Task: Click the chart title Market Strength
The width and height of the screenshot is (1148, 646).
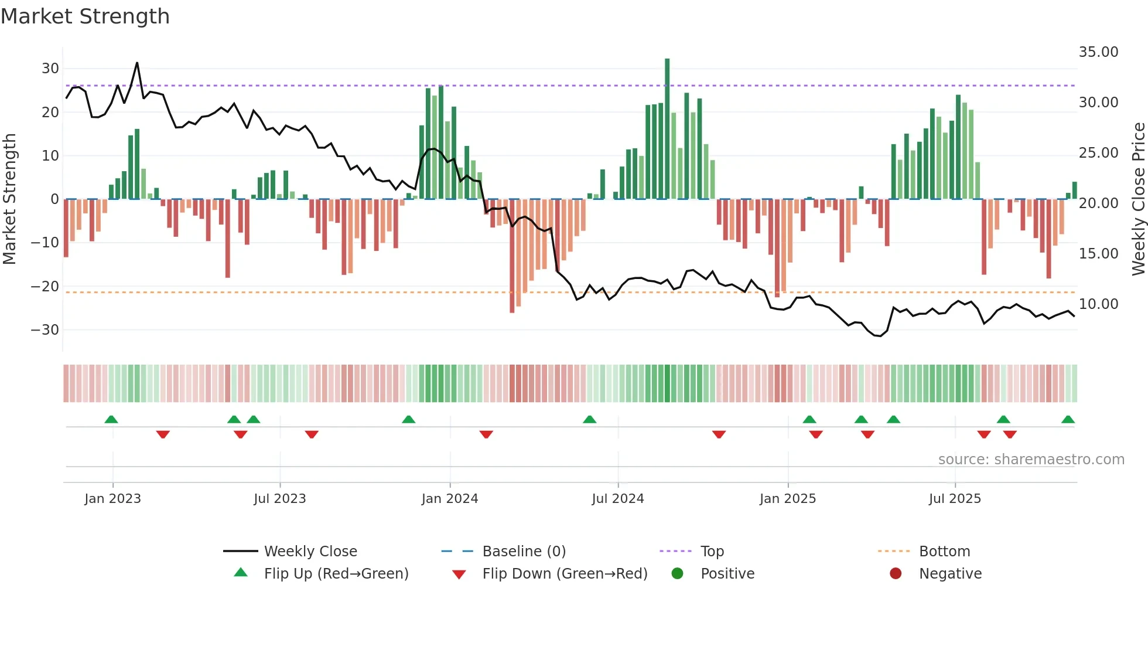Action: pos(85,16)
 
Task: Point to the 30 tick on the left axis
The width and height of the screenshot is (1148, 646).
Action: pos(50,69)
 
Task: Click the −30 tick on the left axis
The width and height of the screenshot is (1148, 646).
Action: pos(45,330)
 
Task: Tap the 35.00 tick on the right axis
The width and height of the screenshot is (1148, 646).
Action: pos(1098,52)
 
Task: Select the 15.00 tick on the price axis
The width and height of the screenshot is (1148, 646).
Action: pos(1098,254)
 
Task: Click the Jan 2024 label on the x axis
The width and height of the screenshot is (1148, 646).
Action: pos(449,499)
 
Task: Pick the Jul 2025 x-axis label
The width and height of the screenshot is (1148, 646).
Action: pos(954,499)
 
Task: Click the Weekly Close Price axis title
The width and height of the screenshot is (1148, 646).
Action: pos(1138,199)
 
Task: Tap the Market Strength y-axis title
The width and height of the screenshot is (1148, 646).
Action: pos(10,199)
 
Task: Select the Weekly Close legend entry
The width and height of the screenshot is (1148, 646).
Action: pos(310,552)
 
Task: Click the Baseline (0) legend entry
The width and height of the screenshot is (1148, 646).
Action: pos(524,552)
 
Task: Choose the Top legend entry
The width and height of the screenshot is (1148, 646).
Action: pos(712,552)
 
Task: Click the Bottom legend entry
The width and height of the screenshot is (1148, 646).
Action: pos(944,552)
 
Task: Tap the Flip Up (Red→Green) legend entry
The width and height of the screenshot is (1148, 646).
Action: pos(336,574)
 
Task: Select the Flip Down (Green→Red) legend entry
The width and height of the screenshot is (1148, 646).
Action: pos(565,574)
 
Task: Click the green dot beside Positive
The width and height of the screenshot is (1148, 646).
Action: pos(677,574)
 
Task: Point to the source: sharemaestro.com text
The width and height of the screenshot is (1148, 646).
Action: pos(1031,460)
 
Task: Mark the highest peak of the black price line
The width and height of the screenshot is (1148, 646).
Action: pos(137,63)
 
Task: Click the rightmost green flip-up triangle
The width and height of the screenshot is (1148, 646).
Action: pos(1068,420)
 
